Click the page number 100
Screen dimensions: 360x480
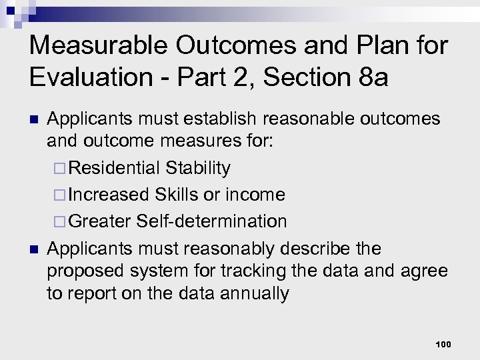pyautogui.click(x=443, y=344)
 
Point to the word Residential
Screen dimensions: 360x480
pyautogui.click(x=114, y=167)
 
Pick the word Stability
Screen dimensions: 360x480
pyautogui.click(x=198, y=167)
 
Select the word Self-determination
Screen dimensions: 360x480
pyautogui.click(x=212, y=221)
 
